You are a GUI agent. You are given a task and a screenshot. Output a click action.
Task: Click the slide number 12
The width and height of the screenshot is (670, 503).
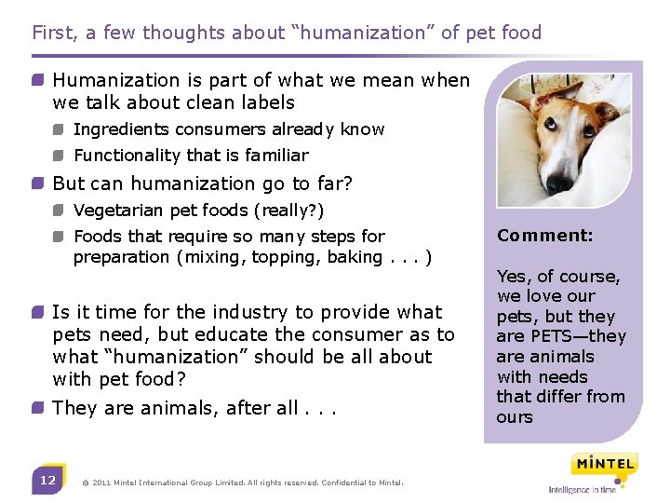(x=47, y=481)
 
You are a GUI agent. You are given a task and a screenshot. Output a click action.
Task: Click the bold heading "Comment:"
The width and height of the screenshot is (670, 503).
(x=544, y=236)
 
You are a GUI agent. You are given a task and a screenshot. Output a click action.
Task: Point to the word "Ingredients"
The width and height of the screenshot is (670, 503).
(x=120, y=129)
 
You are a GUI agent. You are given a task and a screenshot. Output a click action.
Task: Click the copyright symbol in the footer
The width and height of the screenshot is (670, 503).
(x=86, y=483)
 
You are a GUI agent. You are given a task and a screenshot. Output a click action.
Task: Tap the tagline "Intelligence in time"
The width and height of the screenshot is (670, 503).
(x=583, y=490)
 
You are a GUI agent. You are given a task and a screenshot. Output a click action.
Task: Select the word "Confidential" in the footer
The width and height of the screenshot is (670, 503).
(x=348, y=483)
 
